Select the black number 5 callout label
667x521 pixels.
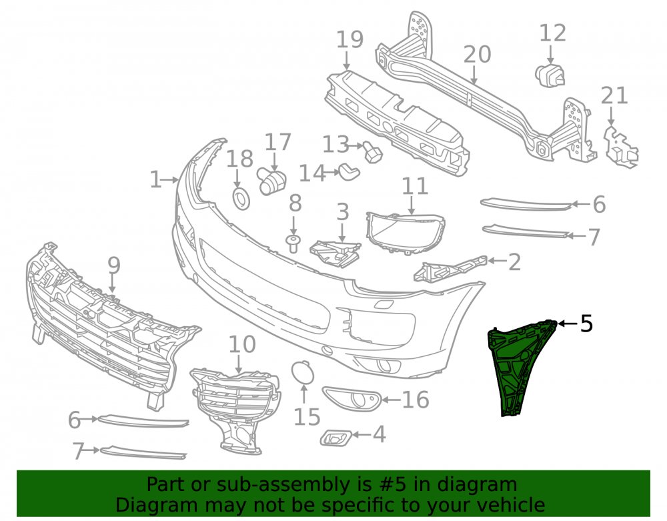coord(586,324)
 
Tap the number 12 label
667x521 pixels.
coord(552,33)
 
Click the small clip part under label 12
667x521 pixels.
coord(550,76)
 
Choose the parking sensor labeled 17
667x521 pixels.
coord(271,181)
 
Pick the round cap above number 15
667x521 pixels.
coord(302,372)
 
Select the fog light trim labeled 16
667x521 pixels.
coord(352,399)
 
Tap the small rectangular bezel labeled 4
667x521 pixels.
coord(336,437)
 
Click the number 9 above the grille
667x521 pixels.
coord(113,265)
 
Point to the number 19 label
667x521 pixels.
coord(350,39)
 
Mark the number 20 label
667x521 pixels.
coord(477,55)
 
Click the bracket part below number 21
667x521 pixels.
coord(620,146)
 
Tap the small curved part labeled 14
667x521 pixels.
coord(350,171)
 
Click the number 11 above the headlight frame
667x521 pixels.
coord(415,186)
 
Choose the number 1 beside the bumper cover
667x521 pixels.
coord(155,180)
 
